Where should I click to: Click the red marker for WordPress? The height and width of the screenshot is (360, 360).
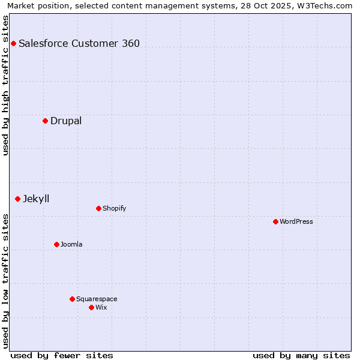275,221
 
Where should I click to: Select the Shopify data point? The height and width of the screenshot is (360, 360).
98,208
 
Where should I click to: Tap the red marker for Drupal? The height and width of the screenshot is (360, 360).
45,121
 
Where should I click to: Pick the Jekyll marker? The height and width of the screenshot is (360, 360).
17,199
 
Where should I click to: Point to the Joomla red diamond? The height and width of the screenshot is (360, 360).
56,244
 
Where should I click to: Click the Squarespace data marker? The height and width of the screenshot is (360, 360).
72,299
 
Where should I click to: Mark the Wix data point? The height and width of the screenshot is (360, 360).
91,307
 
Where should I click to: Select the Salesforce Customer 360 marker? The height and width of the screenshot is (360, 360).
13,43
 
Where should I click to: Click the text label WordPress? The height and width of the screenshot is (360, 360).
296,221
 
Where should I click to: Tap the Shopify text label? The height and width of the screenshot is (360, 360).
114,208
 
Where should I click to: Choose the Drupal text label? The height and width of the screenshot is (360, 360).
66,121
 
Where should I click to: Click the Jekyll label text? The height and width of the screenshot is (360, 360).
36,199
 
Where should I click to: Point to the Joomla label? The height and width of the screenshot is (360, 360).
71,244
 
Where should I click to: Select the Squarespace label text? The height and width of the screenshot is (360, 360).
97,299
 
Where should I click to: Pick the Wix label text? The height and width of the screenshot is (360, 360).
101,307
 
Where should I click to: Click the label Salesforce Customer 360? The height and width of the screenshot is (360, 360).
79,43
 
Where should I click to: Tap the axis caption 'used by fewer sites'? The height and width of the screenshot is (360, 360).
62,355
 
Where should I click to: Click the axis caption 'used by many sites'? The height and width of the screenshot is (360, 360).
301,355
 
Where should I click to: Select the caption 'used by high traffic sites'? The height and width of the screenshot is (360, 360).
5,85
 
